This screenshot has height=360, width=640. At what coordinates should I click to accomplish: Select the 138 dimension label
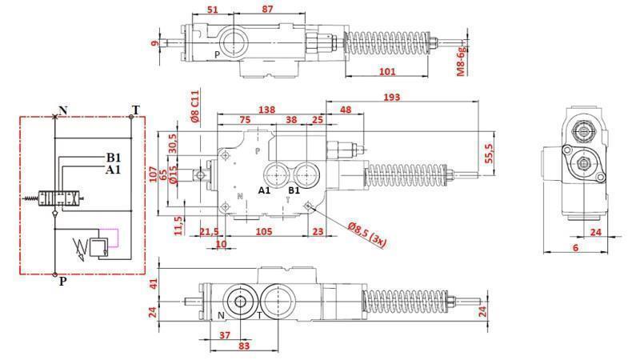pos(268,109)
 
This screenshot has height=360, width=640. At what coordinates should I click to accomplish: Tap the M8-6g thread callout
pos(461,61)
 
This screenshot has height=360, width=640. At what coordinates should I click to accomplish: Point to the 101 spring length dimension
pos(386,72)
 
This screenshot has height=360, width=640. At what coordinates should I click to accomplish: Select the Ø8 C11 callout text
pos(194,105)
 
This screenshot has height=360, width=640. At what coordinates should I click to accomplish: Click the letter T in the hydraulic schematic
pos(135,110)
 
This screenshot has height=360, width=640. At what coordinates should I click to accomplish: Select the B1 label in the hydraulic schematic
pos(114,158)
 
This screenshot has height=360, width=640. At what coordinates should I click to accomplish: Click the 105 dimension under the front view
pos(264,232)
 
